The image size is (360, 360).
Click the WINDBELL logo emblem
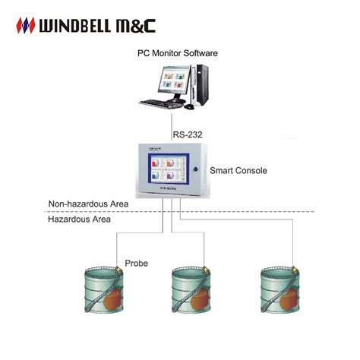tap(27, 26)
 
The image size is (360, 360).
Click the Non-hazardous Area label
tap(87, 204)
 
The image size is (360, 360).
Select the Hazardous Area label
tap(79, 219)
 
